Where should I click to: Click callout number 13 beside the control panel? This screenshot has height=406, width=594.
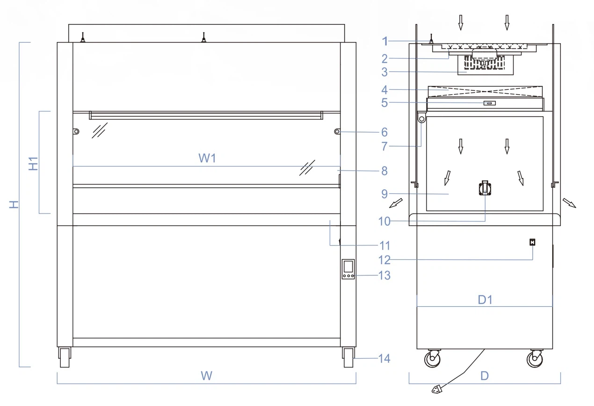(384, 275)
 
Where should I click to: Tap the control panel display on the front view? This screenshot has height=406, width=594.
(348, 267)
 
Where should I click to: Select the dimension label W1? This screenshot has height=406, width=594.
(207, 158)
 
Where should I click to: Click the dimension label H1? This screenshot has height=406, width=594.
(33, 163)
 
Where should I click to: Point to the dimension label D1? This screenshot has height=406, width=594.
(485, 300)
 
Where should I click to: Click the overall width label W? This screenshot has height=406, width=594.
(206, 376)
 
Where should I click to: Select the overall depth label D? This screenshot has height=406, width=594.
(485, 376)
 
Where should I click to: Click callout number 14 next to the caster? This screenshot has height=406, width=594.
(384, 359)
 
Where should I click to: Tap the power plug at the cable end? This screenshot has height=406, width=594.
(437, 388)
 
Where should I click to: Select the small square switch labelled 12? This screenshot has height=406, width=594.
(532, 242)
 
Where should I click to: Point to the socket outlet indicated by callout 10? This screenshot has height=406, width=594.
(485, 188)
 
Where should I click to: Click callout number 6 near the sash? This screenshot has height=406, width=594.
(384, 133)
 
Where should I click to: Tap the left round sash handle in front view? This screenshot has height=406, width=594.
(76, 132)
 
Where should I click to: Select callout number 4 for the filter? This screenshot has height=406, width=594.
(384, 89)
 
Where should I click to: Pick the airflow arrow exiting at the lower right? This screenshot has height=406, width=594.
(569, 202)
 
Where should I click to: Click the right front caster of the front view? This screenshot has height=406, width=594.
(348, 357)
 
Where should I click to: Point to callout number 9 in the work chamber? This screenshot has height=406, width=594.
(384, 194)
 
